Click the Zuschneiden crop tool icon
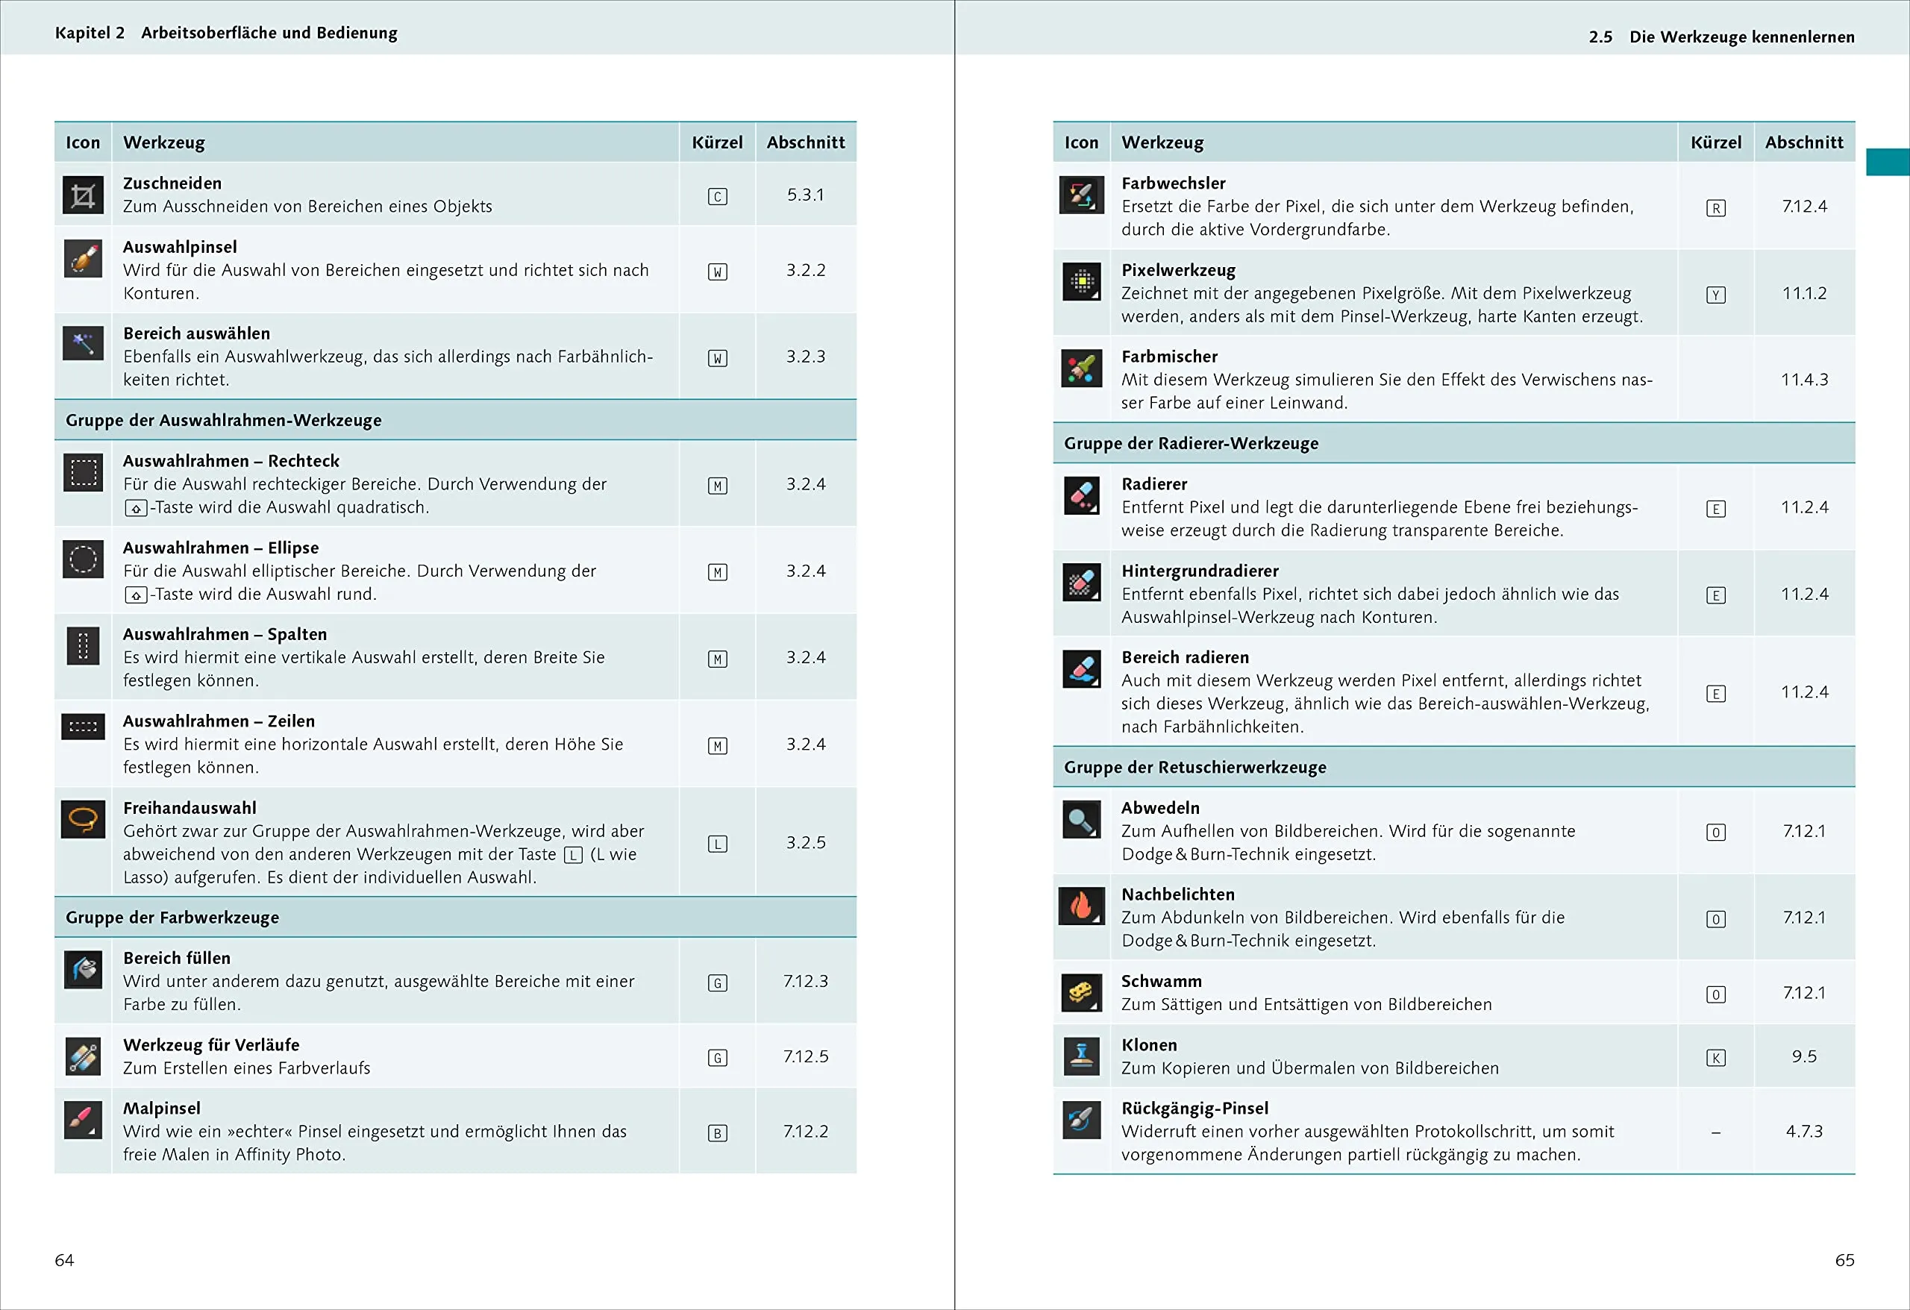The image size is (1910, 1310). coord(83,195)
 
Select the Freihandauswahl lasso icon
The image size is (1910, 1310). coord(83,819)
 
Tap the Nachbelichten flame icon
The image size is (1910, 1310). coord(1082,906)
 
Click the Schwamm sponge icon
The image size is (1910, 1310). coord(1082,994)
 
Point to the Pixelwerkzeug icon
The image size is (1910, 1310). coord(1082,283)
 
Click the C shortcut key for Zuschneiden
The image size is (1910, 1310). coord(718,196)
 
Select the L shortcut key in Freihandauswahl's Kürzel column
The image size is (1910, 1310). coord(718,844)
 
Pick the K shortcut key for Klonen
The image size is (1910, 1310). coord(1716,1058)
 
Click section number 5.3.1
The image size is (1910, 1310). coord(806,195)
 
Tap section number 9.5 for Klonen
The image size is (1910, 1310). coord(1804,1056)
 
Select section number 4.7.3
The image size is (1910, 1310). coord(1804,1132)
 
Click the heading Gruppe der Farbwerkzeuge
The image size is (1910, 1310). coord(172,917)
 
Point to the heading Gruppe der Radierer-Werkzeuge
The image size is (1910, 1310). coord(1191,443)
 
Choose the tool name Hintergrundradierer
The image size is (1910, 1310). coord(1200,571)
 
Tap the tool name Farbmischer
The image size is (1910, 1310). coord(1170,356)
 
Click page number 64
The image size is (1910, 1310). coord(64,1260)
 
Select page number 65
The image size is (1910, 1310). coord(1844,1260)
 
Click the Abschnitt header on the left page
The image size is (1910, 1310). coord(806,142)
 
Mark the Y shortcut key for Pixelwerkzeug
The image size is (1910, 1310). coord(1716,295)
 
